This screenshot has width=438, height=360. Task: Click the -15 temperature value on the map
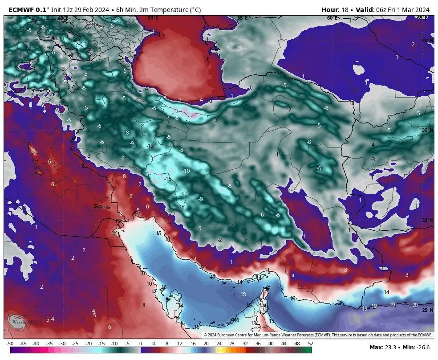168,179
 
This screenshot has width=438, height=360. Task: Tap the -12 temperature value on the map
150,146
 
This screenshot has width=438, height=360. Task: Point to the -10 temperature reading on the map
186,171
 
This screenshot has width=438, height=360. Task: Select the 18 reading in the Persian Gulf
243,295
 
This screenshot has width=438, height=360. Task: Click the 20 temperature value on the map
415,305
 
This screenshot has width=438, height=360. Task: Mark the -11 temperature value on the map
181,208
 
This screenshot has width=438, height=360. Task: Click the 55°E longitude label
242,18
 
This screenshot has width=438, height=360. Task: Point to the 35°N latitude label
427,130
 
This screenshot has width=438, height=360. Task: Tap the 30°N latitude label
427,220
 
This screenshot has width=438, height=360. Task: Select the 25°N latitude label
427,310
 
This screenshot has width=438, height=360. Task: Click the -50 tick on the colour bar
10,344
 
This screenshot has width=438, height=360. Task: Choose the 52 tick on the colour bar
310,344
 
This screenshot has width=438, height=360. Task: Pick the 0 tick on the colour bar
141,344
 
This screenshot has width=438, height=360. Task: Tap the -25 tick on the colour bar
75,344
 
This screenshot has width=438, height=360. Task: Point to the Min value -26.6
422,347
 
